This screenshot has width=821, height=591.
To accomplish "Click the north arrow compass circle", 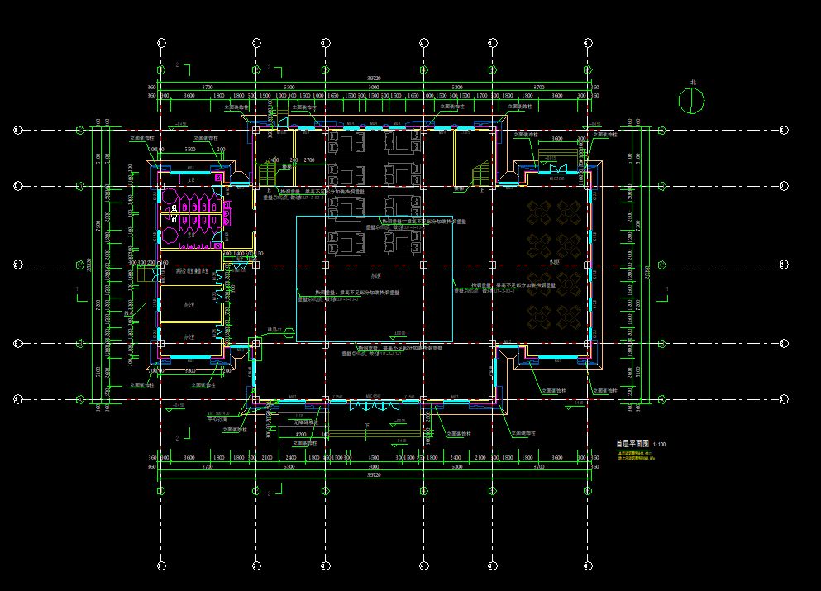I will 691,101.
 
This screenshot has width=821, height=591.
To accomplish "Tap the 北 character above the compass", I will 692,82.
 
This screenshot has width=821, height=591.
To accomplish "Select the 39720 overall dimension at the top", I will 374,79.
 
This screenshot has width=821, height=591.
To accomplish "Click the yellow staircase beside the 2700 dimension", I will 267,174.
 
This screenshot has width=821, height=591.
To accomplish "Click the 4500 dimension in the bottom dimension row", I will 374,457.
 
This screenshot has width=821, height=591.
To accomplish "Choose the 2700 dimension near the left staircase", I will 308,159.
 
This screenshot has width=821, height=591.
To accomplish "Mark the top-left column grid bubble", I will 161,43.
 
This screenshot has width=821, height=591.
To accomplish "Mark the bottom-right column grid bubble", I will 589,566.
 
